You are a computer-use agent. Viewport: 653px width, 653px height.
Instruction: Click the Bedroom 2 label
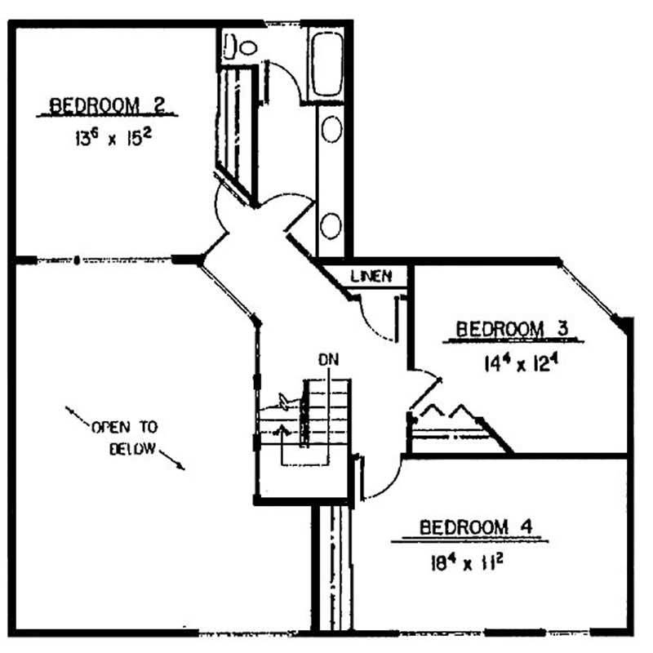(x=108, y=105)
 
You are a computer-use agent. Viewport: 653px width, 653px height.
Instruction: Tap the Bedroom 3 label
(x=513, y=329)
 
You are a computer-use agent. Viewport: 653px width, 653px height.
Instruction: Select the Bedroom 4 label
(x=476, y=527)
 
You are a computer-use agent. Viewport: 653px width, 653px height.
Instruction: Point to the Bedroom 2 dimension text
(x=113, y=137)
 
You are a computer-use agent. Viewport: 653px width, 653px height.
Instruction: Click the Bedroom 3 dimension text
(x=521, y=363)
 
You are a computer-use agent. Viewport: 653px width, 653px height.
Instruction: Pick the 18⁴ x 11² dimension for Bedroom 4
(x=467, y=563)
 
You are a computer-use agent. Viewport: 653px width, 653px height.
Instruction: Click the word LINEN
(x=371, y=276)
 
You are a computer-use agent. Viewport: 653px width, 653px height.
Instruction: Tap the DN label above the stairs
(x=329, y=360)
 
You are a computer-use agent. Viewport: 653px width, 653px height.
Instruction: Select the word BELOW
(x=133, y=448)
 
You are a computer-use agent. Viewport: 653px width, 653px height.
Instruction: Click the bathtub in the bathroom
(x=328, y=64)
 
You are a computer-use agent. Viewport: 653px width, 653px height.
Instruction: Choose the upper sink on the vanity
(x=332, y=129)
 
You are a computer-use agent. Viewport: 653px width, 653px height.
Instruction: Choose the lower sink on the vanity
(x=331, y=226)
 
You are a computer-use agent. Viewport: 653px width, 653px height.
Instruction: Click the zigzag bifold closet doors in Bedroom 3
(x=449, y=411)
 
